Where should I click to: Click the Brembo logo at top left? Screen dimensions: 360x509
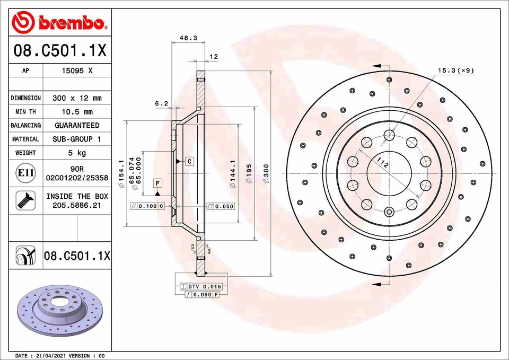(60, 22)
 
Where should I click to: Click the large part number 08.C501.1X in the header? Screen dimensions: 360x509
(60, 51)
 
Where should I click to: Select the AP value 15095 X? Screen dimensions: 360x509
(77, 71)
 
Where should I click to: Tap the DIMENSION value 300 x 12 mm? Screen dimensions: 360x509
(77, 98)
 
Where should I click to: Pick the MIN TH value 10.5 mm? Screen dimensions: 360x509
(77, 112)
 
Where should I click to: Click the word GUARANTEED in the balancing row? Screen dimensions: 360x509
(77, 126)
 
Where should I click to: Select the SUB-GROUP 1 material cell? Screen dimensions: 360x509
(77, 139)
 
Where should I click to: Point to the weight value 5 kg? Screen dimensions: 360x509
(77, 153)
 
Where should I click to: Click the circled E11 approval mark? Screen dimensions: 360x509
(26, 173)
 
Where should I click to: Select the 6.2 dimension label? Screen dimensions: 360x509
(161, 103)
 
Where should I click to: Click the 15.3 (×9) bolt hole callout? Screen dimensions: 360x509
(455, 70)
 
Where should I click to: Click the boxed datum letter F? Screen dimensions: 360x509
(157, 183)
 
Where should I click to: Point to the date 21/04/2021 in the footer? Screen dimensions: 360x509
(51, 355)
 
